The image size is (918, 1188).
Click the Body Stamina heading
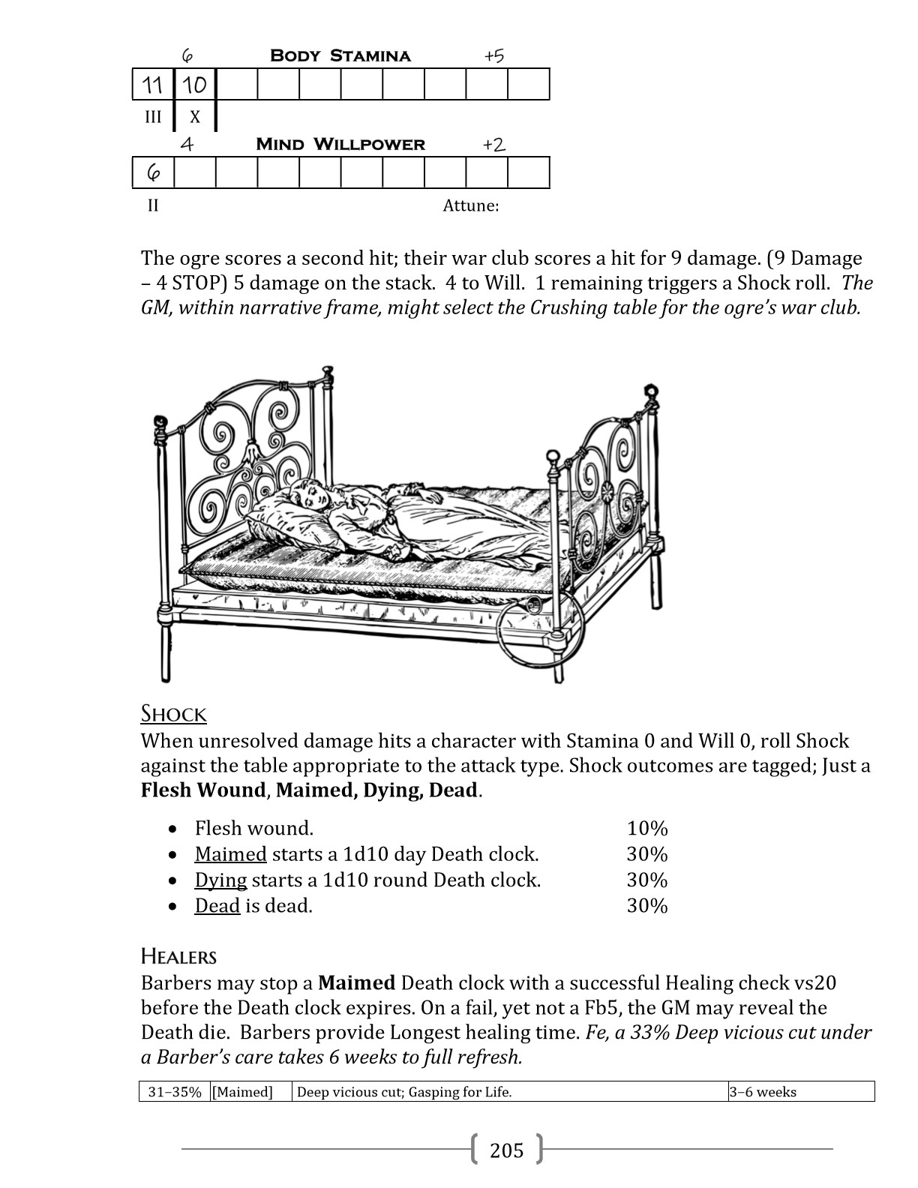pyautogui.click(x=340, y=55)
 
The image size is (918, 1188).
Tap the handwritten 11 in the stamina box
pyautogui.click(x=153, y=85)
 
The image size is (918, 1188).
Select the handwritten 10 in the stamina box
pyautogui.click(x=195, y=85)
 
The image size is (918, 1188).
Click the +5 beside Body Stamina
pyautogui.click(x=494, y=56)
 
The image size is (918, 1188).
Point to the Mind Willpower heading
pyautogui.click(x=340, y=144)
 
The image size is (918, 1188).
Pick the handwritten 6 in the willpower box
pyautogui.click(x=153, y=173)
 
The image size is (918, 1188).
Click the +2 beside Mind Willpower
pyautogui.click(x=493, y=145)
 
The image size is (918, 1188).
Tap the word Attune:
pyautogui.click(x=470, y=205)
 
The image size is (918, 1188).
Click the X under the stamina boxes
pyautogui.click(x=195, y=117)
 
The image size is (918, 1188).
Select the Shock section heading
pyautogui.click(x=173, y=713)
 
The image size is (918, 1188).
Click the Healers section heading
pyautogui.click(x=178, y=956)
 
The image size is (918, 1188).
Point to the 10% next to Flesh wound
pyautogui.click(x=647, y=828)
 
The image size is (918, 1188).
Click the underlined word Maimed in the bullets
pyautogui.click(x=230, y=854)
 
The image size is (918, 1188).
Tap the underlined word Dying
pyautogui.click(x=220, y=880)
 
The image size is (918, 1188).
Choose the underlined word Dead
pyautogui.click(x=217, y=905)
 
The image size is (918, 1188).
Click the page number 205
pyautogui.click(x=506, y=1149)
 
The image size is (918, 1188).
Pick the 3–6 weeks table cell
pyautogui.click(x=763, y=1092)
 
